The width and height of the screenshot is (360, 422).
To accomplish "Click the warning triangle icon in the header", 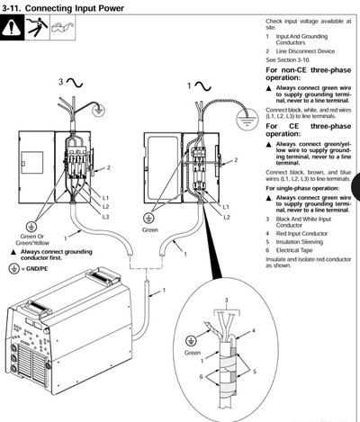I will (13, 27).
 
